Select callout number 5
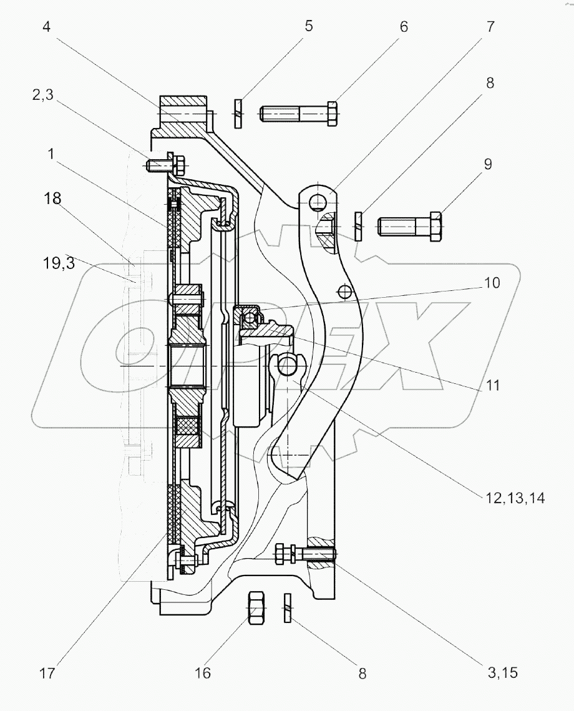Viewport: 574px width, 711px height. [308, 27]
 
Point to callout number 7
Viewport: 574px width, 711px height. [490, 27]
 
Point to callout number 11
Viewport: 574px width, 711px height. [493, 385]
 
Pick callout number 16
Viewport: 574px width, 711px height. [203, 674]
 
